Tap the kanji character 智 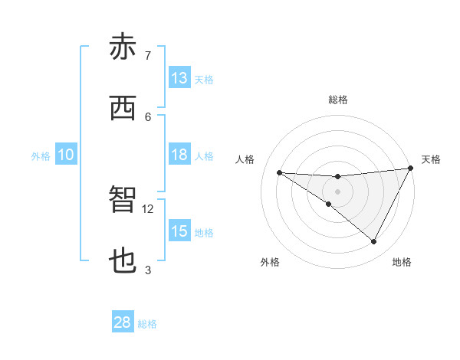[123, 201]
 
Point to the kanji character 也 [123, 262]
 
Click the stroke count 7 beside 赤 [148, 55]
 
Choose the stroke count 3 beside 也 [148, 270]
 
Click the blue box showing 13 [179, 78]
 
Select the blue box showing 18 [179, 155]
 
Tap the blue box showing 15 [179, 231]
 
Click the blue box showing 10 [66, 155]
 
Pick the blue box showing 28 [123, 322]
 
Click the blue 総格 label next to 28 [148, 324]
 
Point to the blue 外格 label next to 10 [41, 156]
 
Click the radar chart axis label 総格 [338, 100]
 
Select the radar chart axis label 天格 [432, 159]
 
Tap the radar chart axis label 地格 [402, 262]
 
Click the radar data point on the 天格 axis [411, 168]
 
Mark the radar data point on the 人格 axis [279, 172]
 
